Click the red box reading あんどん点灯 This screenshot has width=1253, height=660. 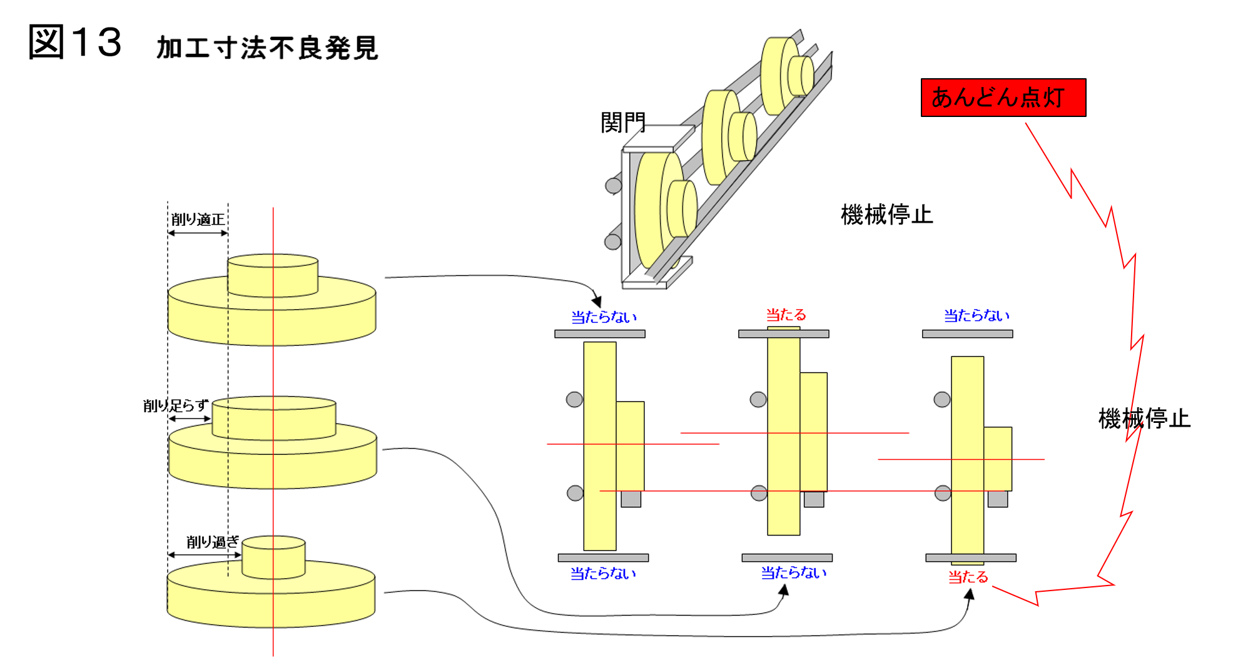coord(1003,98)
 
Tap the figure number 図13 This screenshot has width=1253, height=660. coord(75,43)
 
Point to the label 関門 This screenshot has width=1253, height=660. coord(622,123)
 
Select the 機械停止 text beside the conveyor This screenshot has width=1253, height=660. coord(886,215)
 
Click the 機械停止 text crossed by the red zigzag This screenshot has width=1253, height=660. coord(1144,418)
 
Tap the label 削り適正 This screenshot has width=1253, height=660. coord(198,219)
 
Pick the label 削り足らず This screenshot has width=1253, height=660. coord(175,405)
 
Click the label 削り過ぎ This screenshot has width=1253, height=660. coord(213,542)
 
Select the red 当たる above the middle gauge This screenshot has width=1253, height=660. coord(786,315)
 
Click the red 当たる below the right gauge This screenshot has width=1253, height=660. coord(968,577)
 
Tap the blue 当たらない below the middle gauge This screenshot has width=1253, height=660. coord(793,572)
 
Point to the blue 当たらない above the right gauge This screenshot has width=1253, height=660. coord(977,315)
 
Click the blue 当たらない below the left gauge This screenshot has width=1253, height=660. coord(603,573)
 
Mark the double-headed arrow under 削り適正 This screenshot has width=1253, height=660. coord(198,233)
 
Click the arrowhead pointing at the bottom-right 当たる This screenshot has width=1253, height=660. coord(970,594)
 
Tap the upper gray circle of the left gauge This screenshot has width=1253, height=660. coord(574,399)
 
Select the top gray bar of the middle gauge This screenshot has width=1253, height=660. coord(784,334)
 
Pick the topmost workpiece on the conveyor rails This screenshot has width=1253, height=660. coord(786,76)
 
